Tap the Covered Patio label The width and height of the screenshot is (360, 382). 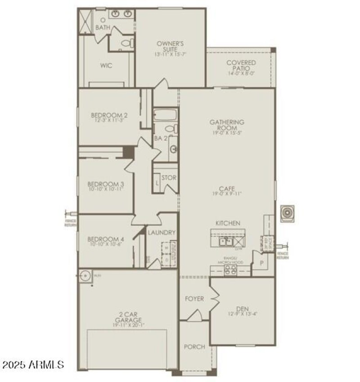click(241, 66)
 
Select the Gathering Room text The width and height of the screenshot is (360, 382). click(227, 125)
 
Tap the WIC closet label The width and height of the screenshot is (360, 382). click(106, 66)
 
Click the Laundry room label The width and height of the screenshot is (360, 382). click(162, 233)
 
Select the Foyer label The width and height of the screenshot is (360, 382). click(194, 299)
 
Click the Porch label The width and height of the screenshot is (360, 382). click(194, 347)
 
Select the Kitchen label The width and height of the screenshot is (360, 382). click(228, 223)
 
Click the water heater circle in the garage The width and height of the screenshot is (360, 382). click(84, 275)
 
